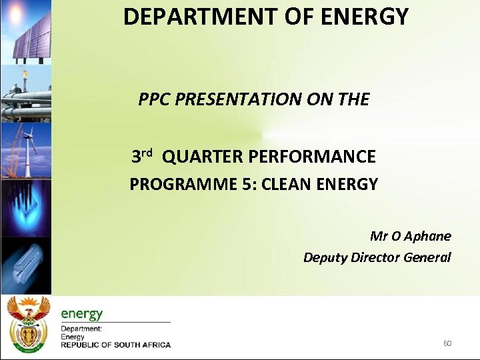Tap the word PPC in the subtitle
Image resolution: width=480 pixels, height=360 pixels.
coord(153,100)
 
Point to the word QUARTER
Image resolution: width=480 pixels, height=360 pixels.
coord(202,157)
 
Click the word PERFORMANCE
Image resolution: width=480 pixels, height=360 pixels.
coord(312,157)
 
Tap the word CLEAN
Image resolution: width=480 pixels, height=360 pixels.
coord(287,185)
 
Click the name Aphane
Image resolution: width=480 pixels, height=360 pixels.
coord(428,236)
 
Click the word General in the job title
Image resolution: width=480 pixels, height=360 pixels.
coord(427,257)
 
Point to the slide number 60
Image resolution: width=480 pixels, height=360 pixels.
coord(447,343)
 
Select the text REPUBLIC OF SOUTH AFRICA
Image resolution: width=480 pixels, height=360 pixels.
coord(115,345)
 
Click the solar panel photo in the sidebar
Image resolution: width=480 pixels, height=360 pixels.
coord(25,30)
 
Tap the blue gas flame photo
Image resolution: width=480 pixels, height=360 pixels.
coord(25,208)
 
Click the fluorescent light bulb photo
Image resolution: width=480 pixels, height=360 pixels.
coord(25,265)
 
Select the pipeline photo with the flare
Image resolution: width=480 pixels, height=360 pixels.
coord(25,93)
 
